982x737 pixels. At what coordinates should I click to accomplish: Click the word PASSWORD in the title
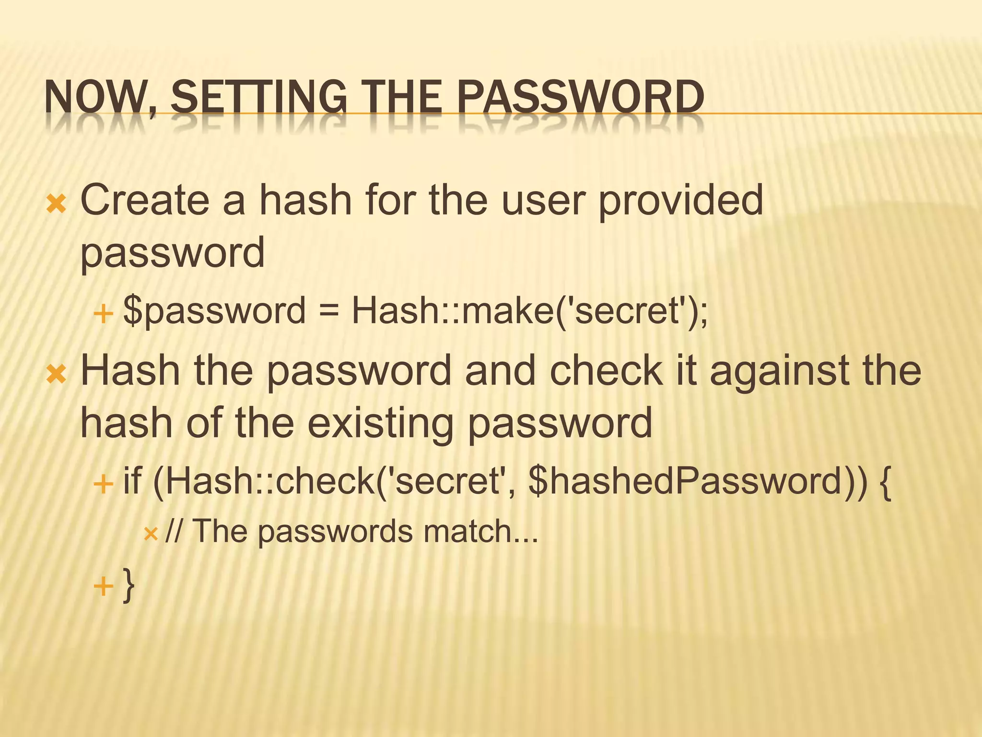pos(580,97)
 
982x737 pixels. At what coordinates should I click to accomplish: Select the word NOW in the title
pos(96,97)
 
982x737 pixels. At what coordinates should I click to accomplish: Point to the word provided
pos(681,201)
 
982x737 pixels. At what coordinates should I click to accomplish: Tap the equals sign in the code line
pos(329,310)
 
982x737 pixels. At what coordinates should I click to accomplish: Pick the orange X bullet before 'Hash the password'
pos(56,374)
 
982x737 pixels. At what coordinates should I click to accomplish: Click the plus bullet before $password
pos(103,315)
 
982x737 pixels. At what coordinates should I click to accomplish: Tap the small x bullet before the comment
pos(151,534)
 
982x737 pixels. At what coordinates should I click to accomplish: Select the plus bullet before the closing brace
pos(103,586)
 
